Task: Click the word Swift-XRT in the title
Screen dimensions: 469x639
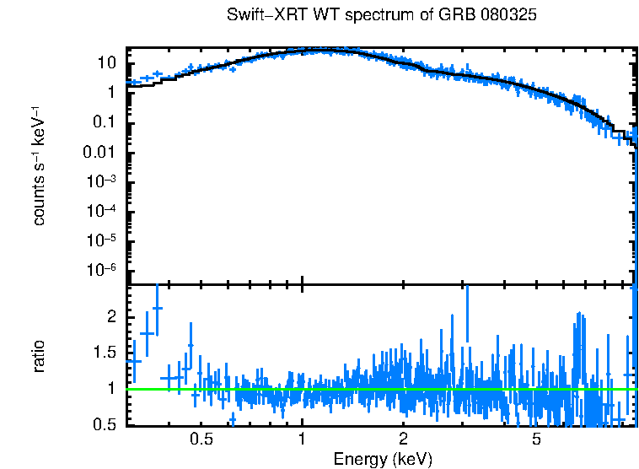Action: [263, 16]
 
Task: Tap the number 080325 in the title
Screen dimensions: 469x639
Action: [510, 16]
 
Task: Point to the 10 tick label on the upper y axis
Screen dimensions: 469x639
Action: [106, 63]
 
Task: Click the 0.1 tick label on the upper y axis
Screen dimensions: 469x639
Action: [105, 123]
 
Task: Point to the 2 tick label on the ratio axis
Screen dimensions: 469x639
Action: [111, 317]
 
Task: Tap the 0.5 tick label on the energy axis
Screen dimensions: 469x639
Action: [201, 440]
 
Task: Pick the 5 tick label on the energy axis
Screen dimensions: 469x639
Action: [536, 440]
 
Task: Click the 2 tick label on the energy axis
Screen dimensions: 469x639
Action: [404, 440]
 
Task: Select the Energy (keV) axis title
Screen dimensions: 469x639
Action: [383, 459]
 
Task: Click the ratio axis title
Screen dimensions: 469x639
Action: [39, 356]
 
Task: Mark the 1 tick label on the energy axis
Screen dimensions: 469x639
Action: [302, 440]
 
